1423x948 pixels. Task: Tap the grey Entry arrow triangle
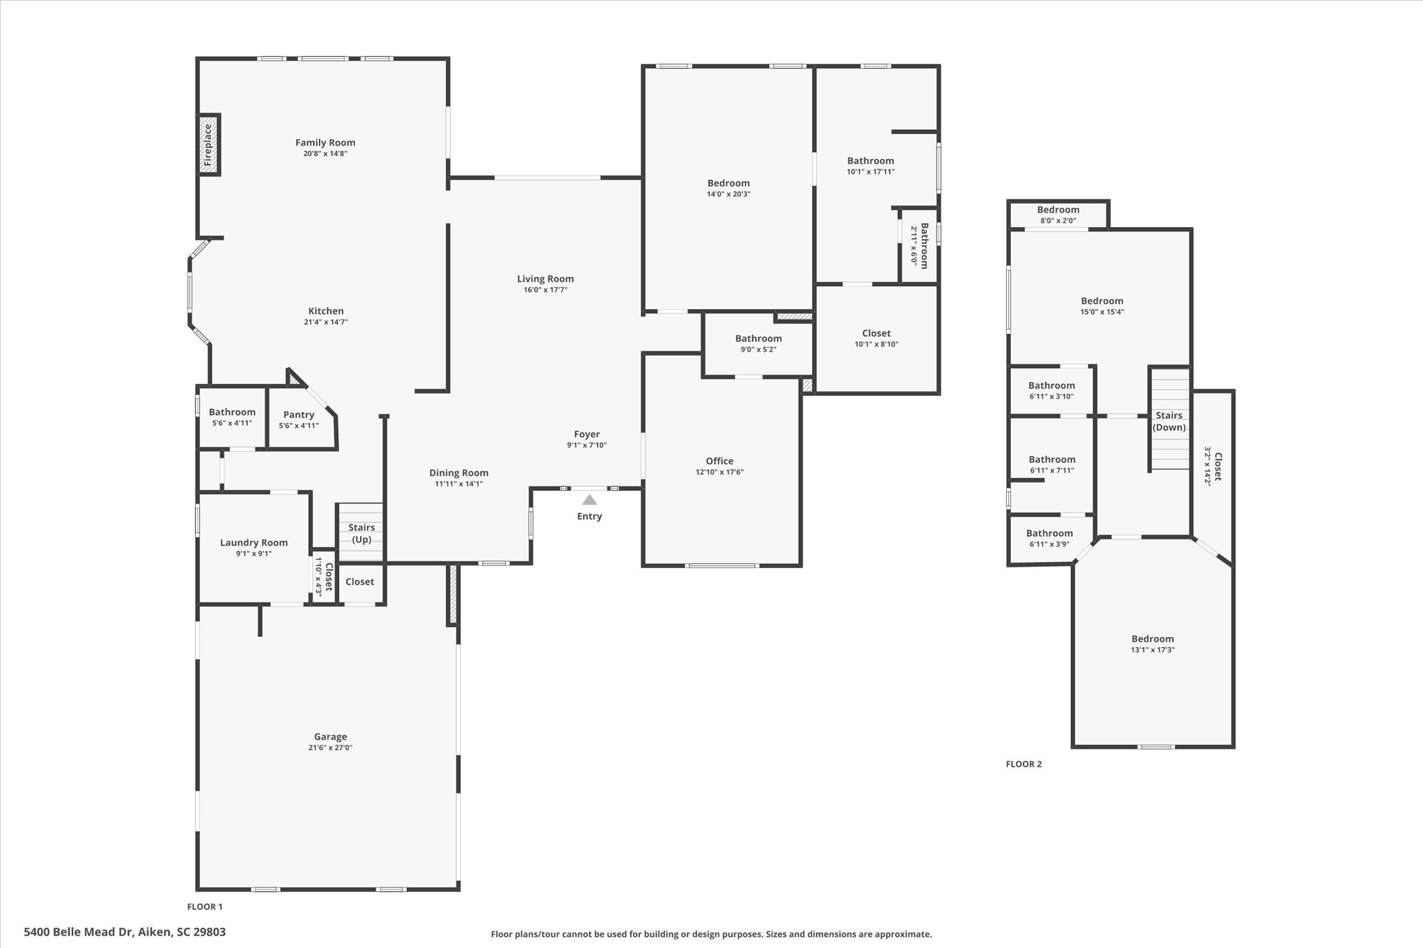coord(589,499)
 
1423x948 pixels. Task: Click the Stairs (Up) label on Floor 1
coord(361,533)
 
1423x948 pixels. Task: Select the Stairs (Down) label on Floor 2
coord(1169,422)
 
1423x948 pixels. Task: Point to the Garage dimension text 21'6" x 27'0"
coord(330,748)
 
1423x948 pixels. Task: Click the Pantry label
coord(299,415)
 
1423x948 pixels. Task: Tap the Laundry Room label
coord(254,542)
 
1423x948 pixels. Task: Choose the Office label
coord(719,460)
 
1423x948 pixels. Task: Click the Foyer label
coord(586,434)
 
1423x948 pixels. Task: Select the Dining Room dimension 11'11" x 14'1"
coord(459,484)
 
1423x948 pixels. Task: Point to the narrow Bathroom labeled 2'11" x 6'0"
coord(919,245)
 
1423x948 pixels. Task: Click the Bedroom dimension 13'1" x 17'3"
coord(1153,650)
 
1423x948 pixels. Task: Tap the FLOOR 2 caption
coord(1023,764)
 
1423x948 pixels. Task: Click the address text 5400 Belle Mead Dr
coord(125,932)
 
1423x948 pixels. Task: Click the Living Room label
coord(545,278)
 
